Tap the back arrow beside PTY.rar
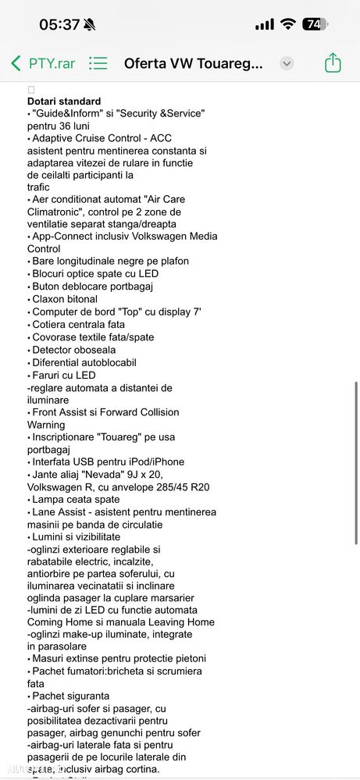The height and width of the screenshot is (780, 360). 16,63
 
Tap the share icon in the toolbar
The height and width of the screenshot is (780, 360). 333,63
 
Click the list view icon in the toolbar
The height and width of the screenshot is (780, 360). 98,63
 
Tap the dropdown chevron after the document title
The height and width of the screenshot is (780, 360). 287,63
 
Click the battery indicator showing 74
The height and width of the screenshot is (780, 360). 315,24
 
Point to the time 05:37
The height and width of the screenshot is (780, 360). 59,24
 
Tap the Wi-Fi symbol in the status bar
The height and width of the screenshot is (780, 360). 288,24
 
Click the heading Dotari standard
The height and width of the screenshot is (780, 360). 64,102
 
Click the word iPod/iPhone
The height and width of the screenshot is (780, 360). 152,462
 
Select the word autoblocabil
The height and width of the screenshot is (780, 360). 104,362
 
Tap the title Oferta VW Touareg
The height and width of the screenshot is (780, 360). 194,63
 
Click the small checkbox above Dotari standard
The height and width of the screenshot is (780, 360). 31,90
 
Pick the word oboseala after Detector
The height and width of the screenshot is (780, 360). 91,350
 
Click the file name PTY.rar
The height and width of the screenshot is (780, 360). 52,63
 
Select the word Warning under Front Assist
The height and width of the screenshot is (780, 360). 46,425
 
